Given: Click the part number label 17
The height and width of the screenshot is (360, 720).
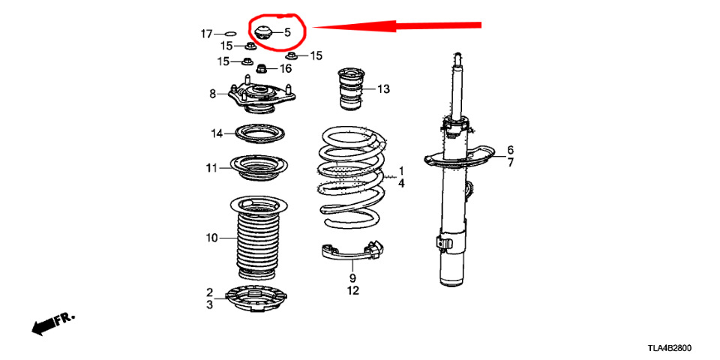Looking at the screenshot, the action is [207, 34].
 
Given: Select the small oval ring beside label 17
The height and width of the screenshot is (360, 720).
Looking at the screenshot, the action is [230, 34].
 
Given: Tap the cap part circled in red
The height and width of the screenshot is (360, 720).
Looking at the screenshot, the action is [263, 33].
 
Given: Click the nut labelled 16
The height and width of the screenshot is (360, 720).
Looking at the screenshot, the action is [261, 69].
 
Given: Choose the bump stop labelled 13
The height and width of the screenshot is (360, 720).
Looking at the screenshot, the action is [351, 89].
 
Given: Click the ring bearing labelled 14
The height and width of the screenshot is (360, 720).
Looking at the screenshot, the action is [260, 133].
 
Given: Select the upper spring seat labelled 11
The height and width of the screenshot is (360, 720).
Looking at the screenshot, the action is [259, 169].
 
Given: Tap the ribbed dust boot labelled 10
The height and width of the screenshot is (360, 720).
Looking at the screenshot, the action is [257, 238].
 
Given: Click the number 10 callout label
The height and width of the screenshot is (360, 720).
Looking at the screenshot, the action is [211, 238].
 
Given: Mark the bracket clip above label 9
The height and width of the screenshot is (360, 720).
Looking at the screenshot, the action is [352, 252].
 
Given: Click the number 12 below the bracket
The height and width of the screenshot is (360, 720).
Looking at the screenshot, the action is [352, 291].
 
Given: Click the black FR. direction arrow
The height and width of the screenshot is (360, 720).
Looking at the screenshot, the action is [52, 324].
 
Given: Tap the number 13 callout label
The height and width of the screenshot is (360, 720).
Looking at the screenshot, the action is [383, 89].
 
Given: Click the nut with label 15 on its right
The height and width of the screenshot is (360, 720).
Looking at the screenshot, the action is [292, 56].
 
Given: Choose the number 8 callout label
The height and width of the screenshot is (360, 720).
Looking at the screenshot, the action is [212, 94].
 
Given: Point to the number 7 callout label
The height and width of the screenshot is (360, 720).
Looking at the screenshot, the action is [511, 162].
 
